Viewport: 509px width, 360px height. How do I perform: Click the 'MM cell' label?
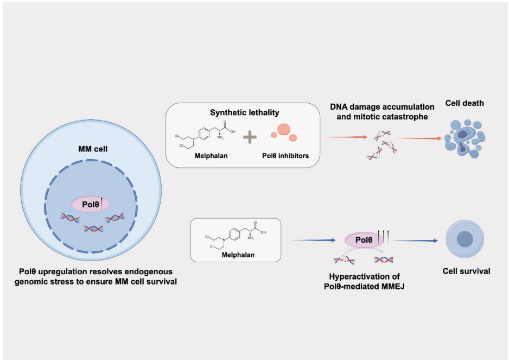point(93,149)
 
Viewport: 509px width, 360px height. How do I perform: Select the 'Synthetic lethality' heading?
point(244,112)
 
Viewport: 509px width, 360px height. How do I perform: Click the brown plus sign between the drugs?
point(250,137)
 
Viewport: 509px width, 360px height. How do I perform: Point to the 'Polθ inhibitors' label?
point(285,156)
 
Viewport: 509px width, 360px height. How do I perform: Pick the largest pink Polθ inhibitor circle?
point(284,129)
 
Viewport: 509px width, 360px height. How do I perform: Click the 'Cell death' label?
point(465,103)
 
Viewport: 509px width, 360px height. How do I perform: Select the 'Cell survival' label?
point(467,271)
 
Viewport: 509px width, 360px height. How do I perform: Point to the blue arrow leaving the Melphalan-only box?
point(313,241)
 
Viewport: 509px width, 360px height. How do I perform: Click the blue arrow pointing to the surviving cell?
point(416,241)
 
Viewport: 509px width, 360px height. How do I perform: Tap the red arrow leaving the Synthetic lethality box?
point(347,137)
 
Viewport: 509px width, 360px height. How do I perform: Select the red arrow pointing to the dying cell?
point(419,138)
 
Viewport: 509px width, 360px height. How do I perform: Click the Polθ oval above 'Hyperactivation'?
point(364,240)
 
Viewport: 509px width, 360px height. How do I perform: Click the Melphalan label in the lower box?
point(238,255)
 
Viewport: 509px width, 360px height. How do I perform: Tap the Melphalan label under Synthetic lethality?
point(211,156)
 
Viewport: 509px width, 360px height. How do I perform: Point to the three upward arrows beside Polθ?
point(383,236)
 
